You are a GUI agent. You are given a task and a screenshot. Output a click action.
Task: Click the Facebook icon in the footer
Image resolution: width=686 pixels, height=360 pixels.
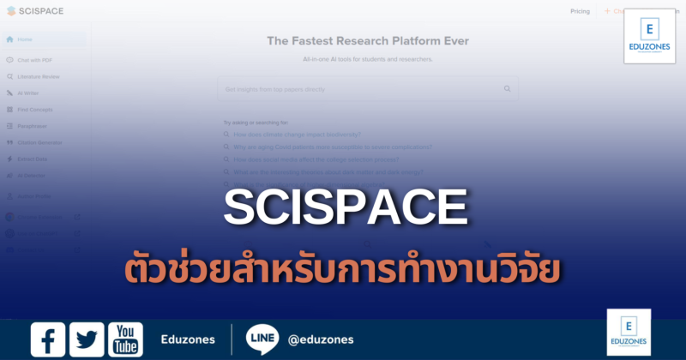click(48, 339)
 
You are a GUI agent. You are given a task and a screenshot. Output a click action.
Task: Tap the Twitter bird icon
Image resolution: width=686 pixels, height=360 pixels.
click(87, 339)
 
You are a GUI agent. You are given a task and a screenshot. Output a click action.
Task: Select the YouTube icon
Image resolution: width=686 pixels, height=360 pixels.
click(125, 339)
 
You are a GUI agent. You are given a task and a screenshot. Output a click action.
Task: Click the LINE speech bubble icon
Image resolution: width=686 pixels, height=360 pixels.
click(262, 339)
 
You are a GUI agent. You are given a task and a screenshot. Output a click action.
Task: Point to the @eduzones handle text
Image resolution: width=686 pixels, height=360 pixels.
click(321, 340)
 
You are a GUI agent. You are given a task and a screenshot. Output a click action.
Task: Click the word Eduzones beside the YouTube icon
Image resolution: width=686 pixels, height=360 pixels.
click(188, 340)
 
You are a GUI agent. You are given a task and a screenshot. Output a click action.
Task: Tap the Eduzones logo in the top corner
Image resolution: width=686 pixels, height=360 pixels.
click(649, 36)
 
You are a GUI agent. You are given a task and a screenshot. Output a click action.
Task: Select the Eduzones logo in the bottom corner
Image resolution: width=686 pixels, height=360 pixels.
click(629, 333)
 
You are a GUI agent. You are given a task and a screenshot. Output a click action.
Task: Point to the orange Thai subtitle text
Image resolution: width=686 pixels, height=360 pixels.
click(343, 267)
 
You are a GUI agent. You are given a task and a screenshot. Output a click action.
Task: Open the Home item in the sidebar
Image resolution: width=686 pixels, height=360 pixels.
click(26, 39)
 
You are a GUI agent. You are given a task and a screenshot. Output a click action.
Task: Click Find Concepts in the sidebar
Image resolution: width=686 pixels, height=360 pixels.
click(36, 109)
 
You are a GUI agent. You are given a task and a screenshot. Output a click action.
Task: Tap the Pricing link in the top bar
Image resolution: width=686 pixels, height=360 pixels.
click(580, 11)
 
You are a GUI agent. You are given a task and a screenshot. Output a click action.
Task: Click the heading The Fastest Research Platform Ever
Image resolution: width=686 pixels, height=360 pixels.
click(368, 41)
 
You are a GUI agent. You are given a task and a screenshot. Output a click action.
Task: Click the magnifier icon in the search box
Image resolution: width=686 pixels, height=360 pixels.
click(508, 88)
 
